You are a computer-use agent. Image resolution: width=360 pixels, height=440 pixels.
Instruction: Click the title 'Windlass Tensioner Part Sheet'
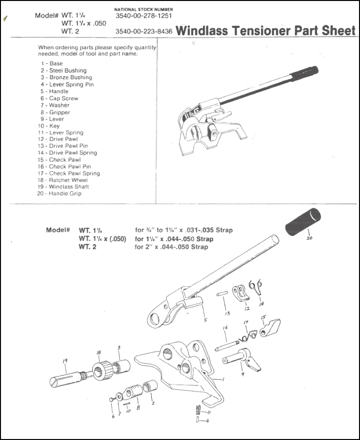coord(266,31)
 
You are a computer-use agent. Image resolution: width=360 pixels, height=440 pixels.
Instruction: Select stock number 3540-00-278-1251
coord(144,16)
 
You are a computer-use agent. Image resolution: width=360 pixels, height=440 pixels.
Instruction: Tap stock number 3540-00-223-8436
coord(144,32)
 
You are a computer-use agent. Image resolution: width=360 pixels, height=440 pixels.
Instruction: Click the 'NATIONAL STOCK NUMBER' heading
coord(144,9)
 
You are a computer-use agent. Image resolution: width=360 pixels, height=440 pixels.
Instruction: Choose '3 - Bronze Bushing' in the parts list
coord(66,77)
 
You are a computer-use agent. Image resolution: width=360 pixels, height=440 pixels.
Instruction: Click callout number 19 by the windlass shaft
coord(65,360)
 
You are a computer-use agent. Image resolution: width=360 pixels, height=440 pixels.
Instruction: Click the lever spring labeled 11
coord(197,410)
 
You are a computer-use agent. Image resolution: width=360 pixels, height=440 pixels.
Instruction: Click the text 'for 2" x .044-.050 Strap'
coord(171,247)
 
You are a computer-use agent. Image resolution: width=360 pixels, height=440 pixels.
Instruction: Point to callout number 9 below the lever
coord(242,373)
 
